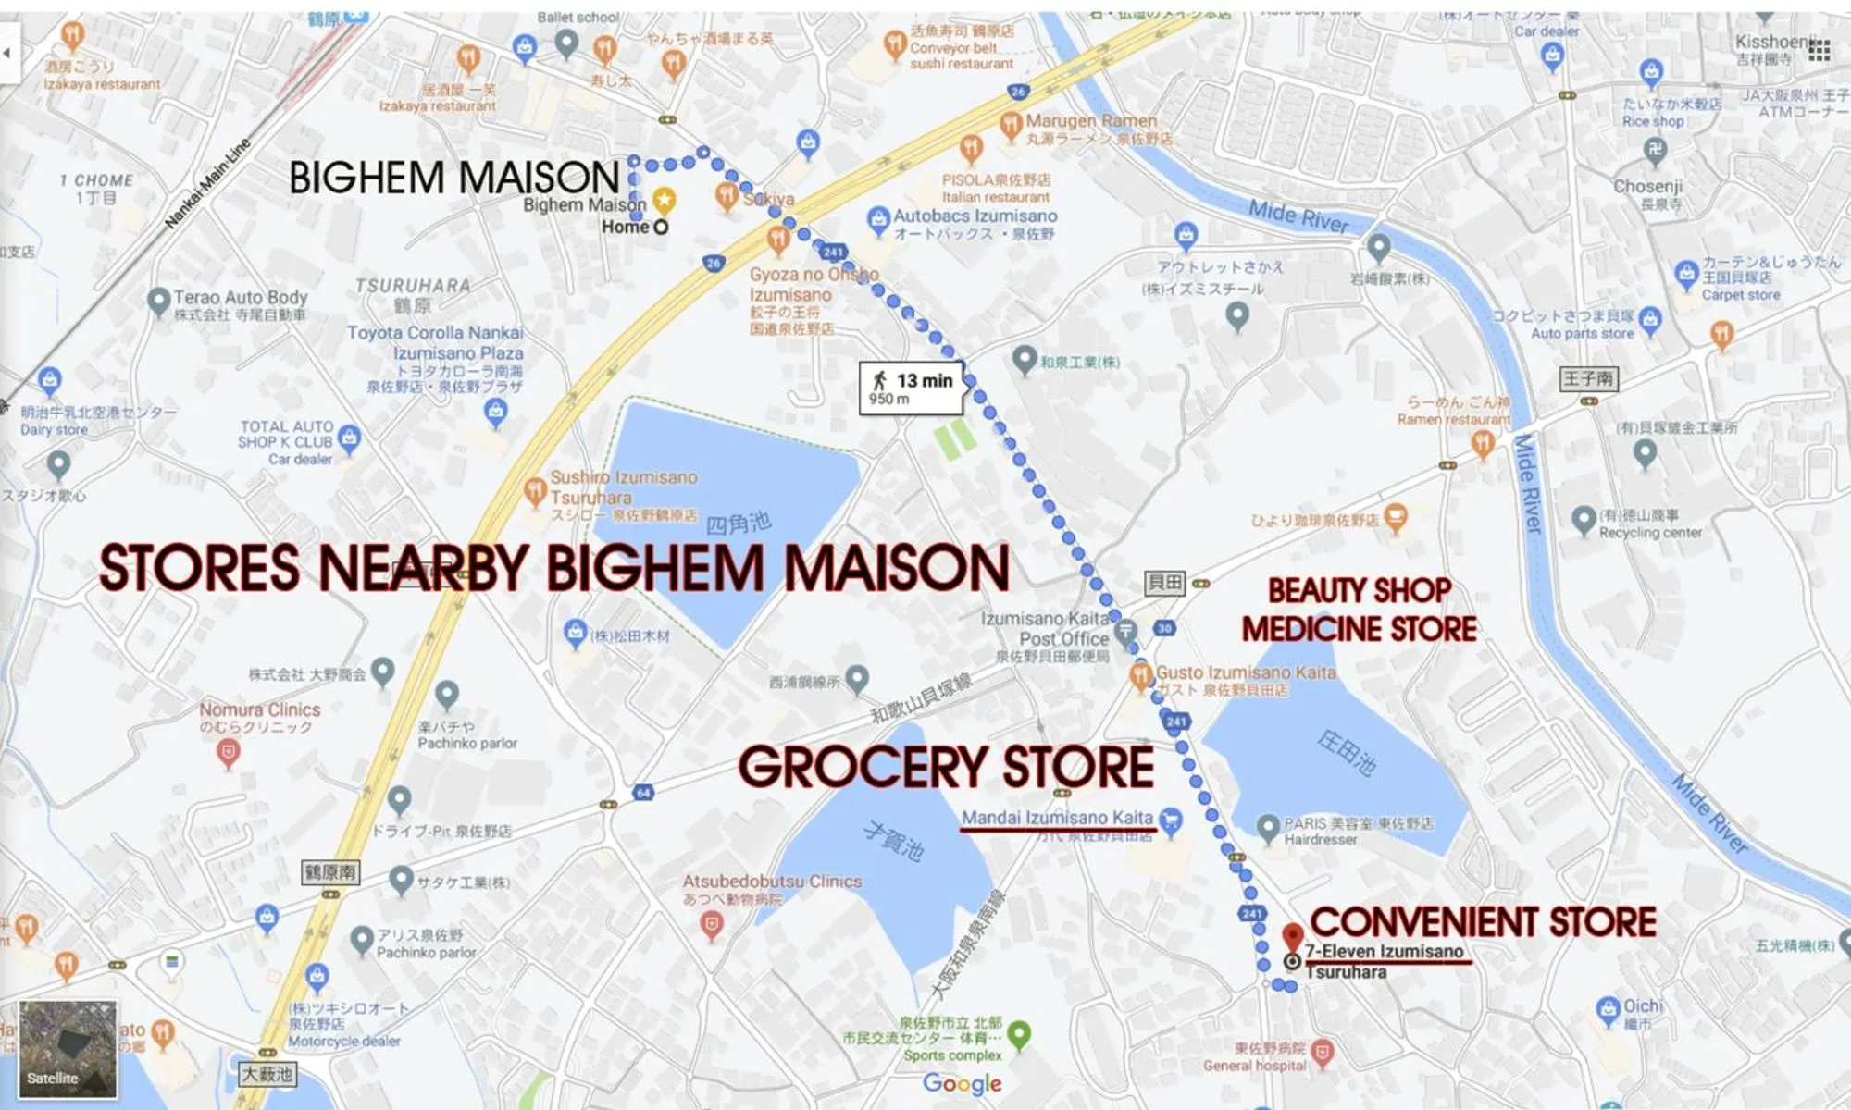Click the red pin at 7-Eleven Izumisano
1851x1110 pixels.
(1293, 936)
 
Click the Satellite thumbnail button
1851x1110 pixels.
(68, 1050)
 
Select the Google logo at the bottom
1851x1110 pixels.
(963, 1083)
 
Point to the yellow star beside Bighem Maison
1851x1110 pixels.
(664, 199)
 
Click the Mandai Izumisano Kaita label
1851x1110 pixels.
(1057, 818)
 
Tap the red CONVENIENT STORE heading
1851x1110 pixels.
(1483, 922)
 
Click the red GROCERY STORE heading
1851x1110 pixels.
(946, 768)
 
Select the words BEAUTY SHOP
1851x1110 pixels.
(1359, 590)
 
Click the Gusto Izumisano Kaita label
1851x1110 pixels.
(1246, 672)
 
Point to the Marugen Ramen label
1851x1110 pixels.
(1091, 121)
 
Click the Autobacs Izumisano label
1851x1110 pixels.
(975, 216)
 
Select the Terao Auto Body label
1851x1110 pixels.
(240, 298)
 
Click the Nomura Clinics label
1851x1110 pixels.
(260, 709)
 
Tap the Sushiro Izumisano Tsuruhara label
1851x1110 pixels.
(623, 487)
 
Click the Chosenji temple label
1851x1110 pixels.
(1647, 186)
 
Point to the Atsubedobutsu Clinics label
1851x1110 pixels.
(772, 882)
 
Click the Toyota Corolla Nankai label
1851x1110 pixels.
(435, 333)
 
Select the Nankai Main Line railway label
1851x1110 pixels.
(208, 184)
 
